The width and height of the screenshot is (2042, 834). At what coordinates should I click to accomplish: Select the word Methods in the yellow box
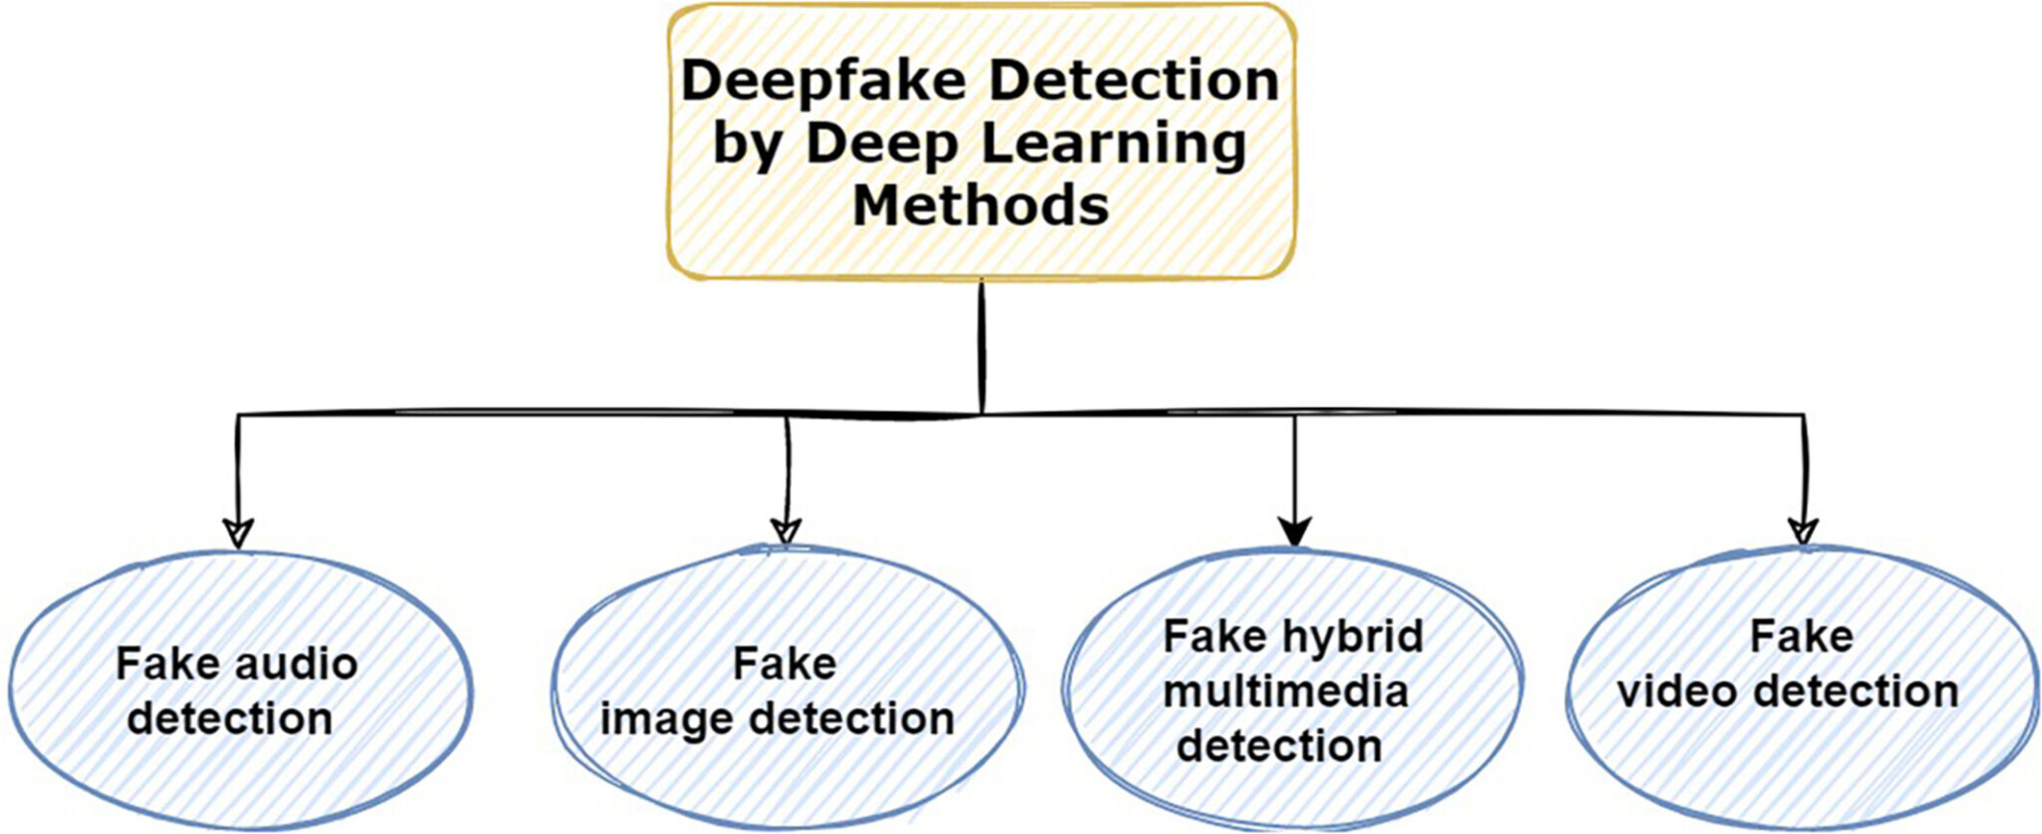coord(980,206)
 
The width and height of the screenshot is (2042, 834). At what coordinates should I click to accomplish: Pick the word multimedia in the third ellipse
coord(1285,691)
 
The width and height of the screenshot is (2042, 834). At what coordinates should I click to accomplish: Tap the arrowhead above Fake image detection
coord(787,531)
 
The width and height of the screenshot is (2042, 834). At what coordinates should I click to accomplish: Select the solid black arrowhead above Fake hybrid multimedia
coord(1294,533)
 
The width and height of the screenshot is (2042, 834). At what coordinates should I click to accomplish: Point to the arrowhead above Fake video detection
coord(1802,532)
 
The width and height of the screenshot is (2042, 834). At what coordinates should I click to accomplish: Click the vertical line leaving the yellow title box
coord(982,344)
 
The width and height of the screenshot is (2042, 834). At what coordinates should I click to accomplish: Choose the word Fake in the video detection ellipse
coord(1801,636)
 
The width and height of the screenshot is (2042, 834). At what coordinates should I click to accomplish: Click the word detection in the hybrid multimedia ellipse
coord(1279,746)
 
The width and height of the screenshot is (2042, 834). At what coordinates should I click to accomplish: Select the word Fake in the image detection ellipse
coord(785,663)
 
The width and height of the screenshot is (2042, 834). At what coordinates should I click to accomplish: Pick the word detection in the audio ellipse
coord(229,719)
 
